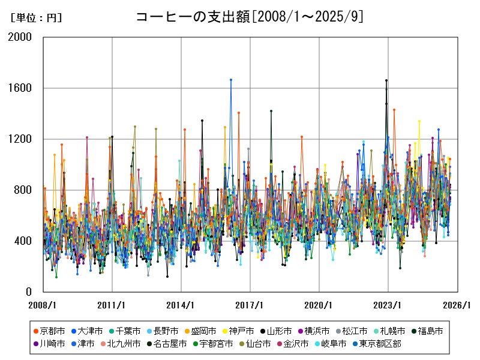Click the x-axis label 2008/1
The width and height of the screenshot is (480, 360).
tap(43, 305)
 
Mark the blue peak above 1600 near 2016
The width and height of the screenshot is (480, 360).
tap(231, 80)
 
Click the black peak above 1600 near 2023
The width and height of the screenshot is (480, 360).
tap(386, 80)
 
